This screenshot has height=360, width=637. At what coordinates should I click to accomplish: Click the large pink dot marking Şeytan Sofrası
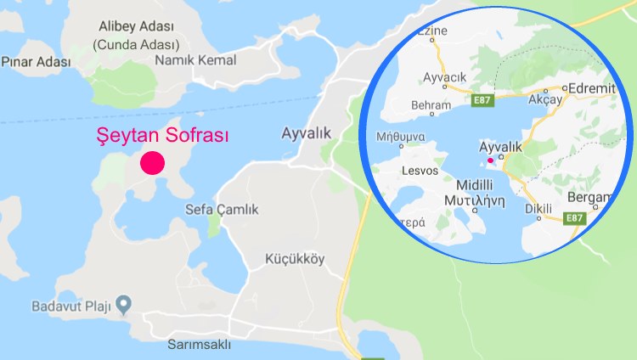152,163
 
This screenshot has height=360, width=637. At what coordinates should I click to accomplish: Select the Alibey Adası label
136,27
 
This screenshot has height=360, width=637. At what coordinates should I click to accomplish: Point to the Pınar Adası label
34,62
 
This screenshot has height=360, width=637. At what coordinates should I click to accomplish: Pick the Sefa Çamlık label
222,210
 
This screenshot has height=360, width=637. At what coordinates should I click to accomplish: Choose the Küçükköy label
295,259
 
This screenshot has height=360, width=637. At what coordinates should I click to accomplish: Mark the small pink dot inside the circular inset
490,160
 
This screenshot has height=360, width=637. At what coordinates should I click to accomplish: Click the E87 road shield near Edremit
481,100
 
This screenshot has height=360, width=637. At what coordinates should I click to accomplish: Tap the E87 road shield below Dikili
576,218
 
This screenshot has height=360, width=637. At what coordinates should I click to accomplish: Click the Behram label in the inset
431,106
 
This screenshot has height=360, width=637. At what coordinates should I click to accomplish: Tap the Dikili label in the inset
538,208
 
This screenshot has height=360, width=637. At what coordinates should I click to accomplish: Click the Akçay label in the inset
546,98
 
